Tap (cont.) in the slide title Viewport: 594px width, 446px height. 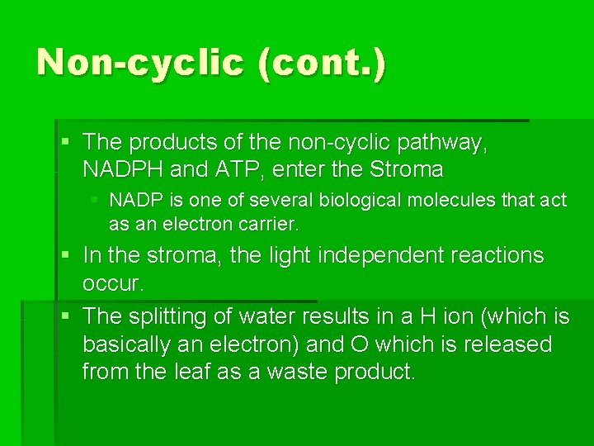click(x=321, y=62)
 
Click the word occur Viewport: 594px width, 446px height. click(x=112, y=283)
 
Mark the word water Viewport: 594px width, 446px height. click(x=270, y=316)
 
